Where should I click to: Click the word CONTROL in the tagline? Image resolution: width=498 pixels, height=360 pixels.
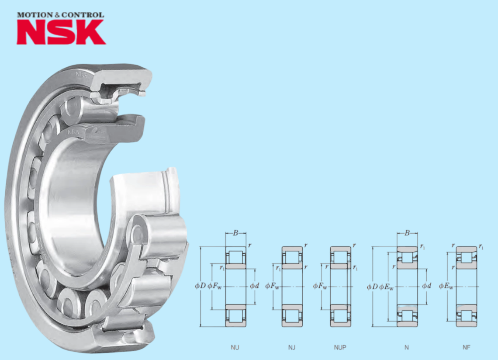click(83, 15)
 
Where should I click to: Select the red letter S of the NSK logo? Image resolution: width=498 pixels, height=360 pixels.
click(62, 32)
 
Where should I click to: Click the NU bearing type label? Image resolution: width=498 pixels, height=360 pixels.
click(235, 347)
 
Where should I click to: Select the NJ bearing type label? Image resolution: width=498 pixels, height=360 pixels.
click(291, 347)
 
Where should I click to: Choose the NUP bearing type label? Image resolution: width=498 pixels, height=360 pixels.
click(340, 347)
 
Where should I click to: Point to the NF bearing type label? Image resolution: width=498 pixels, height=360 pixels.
click(466, 347)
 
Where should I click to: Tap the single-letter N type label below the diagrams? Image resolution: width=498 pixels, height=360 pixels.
click(407, 347)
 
